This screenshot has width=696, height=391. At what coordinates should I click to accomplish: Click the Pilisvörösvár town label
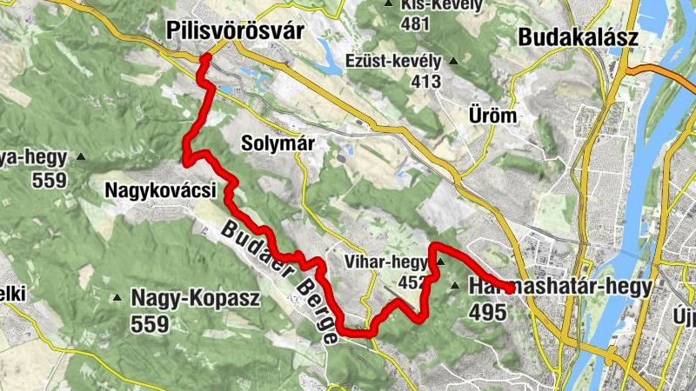pyautogui.click(x=234, y=32)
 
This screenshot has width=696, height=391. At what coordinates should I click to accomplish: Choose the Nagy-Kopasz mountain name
pyautogui.click(x=196, y=298)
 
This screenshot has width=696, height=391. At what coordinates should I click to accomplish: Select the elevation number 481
pyautogui.click(x=415, y=23)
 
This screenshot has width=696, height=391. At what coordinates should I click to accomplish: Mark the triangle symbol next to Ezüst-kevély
pyautogui.click(x=452, y=61)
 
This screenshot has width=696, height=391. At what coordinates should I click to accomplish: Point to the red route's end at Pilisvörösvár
pyautogui.click(x=206, y=58)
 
